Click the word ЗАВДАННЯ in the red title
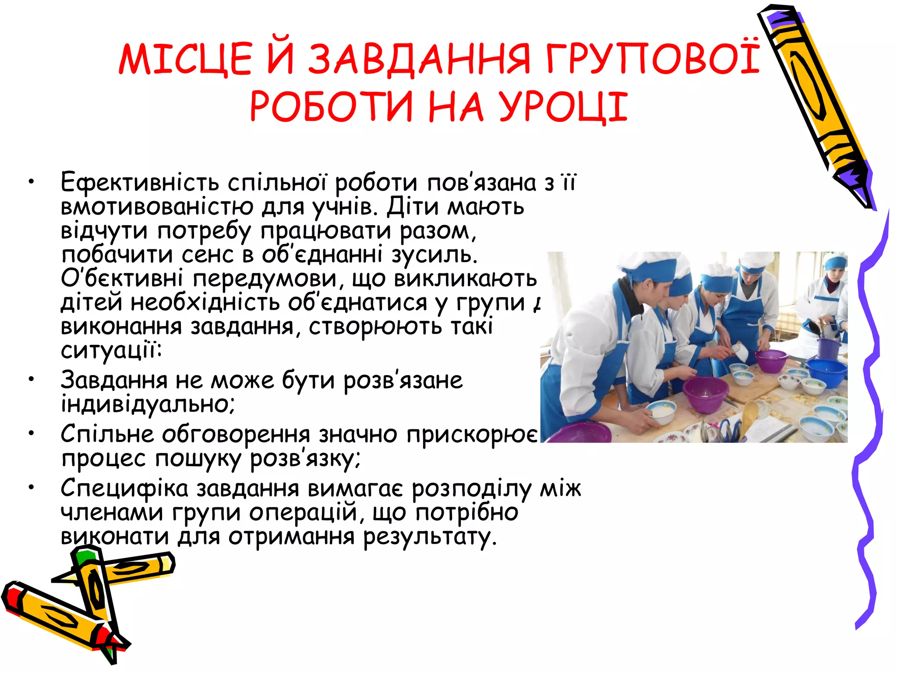click(x=419, y=59)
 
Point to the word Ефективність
click(x=140, y=182)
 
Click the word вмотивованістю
click(x=157, y=207)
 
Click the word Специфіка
click(x=124, y=488)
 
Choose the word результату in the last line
click(x=430, y=537)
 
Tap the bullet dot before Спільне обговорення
click(x=31, y=434)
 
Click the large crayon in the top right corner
click(x=815, y=101)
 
